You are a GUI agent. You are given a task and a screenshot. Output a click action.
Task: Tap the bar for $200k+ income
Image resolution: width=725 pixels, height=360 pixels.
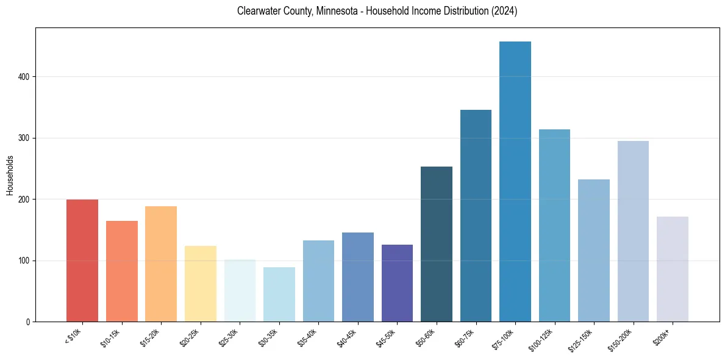(x=673, y=269)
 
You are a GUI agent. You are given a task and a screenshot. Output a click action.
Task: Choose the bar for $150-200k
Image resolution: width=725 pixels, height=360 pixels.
(x=633, y=231)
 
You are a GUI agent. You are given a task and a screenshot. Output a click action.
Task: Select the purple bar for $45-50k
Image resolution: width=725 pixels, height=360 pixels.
(x=397, y=283)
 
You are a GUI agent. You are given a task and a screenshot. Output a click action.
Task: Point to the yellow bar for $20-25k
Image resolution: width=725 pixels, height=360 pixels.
(x=201, y=284)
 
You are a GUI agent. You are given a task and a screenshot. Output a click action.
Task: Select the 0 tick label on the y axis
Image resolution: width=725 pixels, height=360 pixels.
(x=28, y=322)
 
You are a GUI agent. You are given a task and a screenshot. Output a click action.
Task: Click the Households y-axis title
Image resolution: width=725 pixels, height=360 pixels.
(x=10, y=175)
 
